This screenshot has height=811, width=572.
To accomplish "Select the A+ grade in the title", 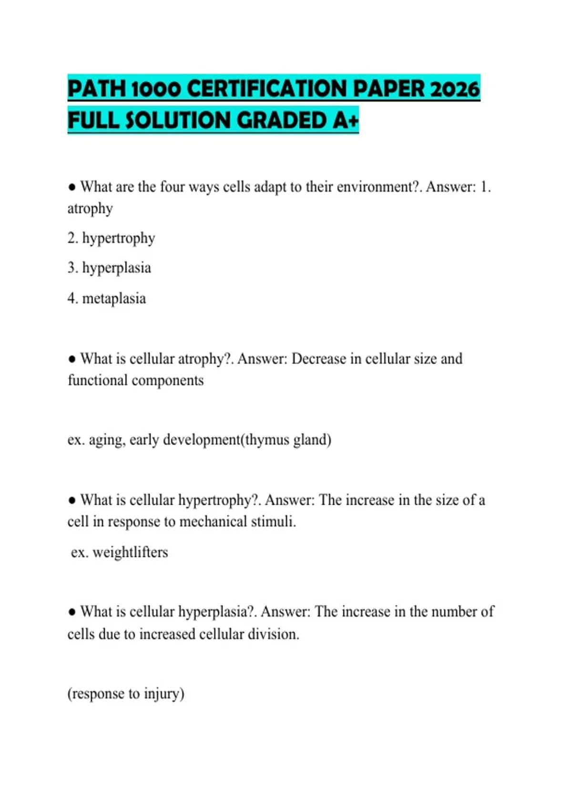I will (346, 120).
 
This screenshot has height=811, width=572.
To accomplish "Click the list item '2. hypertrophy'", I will (111, 238).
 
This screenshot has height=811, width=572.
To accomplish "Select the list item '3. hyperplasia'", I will (109, 268).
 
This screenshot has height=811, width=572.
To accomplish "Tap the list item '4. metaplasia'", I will (107, 299).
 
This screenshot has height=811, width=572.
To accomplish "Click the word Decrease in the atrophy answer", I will (318, 359).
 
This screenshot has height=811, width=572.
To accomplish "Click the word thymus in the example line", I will (267, 439).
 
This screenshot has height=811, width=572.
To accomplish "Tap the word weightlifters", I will (130, 552).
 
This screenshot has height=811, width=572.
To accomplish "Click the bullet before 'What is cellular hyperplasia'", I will (72, 612).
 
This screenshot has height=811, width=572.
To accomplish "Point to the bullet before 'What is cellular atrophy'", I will (72, 359).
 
